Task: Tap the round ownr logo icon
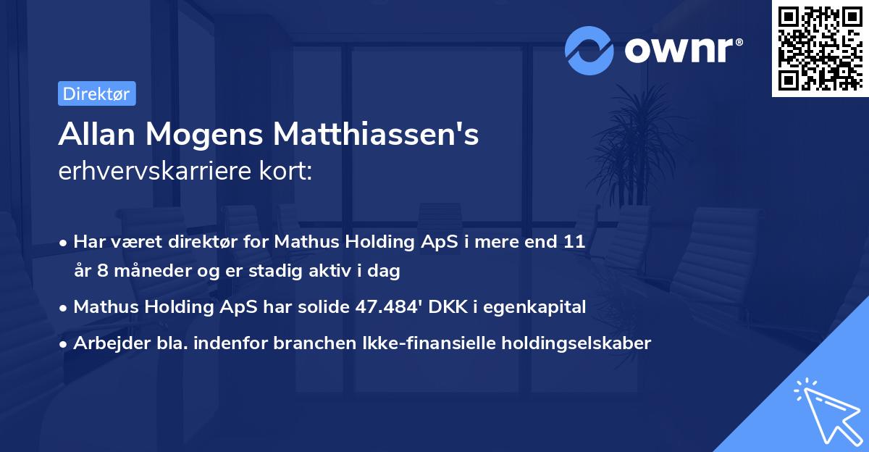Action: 589,51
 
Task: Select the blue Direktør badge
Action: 96,93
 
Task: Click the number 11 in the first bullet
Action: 574,242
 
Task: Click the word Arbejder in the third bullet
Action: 105,343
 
